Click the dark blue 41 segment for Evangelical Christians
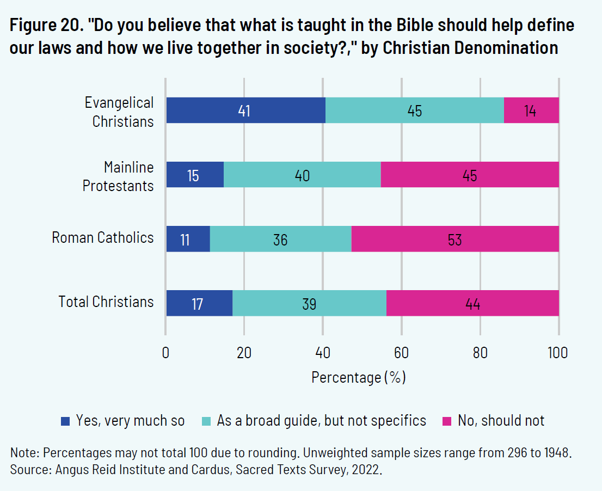(245, 111)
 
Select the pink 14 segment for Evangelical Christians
(531, 111)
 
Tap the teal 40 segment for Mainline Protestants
(302, 175)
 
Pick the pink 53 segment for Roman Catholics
(455, 239)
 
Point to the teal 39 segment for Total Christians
(309, 303)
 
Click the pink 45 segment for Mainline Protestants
(470, 175)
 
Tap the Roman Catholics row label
(103, 237)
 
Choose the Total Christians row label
(106, 302)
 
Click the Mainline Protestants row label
(118, 176)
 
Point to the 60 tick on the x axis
(401, 353)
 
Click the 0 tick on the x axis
(166, 353)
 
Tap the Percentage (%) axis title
(359, 377)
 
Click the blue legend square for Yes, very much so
(66, 421)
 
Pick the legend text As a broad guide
(321, 421)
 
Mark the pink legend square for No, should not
(447, 421)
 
